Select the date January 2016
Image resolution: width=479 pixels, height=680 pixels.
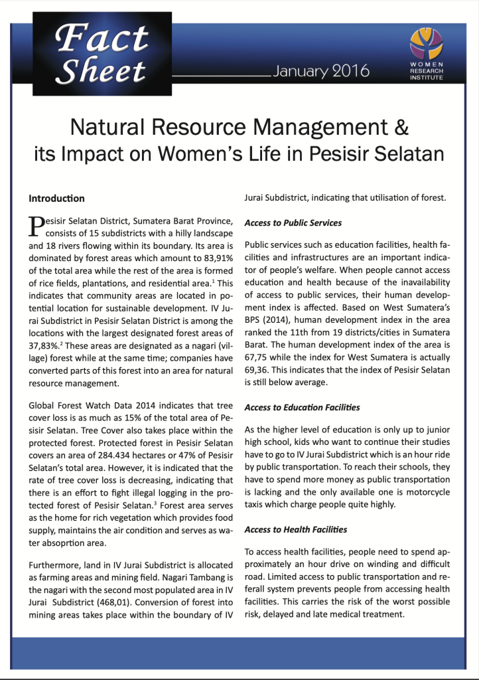click(x=321, y=71)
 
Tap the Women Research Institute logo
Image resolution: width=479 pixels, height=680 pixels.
click(x=429, y=52)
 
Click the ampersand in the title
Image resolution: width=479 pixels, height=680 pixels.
click(x=399, y=126)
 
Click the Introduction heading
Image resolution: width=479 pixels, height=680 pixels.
click(x=56, y=199)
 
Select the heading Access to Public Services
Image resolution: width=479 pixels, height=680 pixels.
click(x=293, y=223)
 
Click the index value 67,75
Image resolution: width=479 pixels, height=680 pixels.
click(x=259, y=358)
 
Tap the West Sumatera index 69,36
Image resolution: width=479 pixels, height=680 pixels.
click(x=259, y=371)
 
